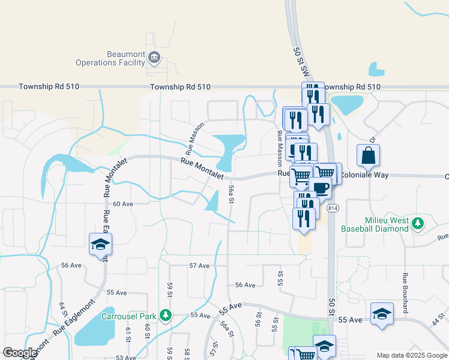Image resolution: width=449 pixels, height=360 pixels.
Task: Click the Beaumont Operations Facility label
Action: pos(110,58)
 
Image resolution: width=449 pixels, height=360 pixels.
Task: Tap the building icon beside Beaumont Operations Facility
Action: pos(154,58)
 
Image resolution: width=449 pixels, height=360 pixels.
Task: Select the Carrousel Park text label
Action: pos(128,316)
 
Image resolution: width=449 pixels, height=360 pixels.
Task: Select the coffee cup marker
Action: pos(320,188)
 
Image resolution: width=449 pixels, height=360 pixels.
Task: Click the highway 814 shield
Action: pos(333,208)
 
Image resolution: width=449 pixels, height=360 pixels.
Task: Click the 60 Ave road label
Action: pos(122,204)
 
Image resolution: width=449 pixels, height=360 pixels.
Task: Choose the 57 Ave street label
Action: pos(199,265)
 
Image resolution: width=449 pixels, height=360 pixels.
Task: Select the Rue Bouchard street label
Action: pos(406,293)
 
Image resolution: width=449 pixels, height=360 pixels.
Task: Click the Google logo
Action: pos(20,352)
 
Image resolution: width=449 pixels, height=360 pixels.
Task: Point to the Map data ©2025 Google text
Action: pos(411,355)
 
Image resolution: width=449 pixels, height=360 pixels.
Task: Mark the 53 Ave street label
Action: pos(125,358)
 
